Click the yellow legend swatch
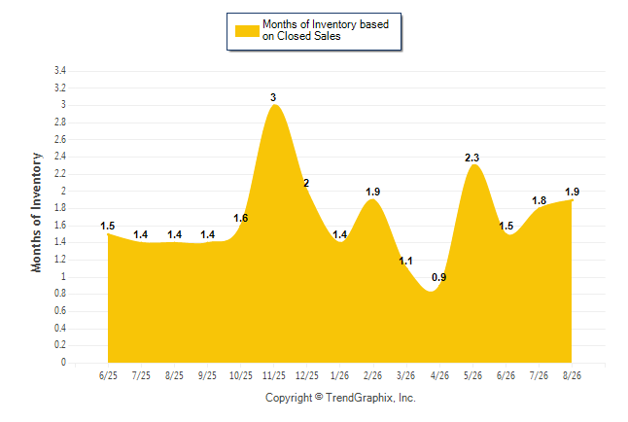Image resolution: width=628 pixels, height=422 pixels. (x=247, y=31)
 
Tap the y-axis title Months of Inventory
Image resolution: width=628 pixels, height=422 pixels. (x=36, y=212)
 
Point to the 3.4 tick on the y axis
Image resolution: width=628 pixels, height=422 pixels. (x=60, y=71)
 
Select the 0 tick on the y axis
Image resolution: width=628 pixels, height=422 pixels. (x=63, y=363)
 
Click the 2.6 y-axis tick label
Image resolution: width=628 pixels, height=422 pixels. (x=60, y=139)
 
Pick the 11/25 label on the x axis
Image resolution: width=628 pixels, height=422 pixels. (x=274, y=375)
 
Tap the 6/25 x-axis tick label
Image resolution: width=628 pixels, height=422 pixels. (x=108, y=375)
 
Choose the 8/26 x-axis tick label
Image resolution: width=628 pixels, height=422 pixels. (x=572, y=375)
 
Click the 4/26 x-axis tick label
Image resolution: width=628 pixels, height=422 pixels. (x=439, y=375)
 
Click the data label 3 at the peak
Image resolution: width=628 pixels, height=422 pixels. (x=273, y=97)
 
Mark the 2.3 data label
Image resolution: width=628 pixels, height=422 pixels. (x=471, y=158)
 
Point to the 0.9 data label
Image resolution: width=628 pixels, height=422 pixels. (x=439, y=277)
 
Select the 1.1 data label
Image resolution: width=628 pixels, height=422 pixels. (x=405, y=261)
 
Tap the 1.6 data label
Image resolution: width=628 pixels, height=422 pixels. (x=241, y=218)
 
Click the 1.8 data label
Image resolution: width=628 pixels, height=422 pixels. (x=540, y=200)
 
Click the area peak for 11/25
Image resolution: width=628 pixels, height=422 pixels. (x=275, y=105)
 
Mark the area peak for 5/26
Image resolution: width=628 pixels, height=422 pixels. (x=474, y=164)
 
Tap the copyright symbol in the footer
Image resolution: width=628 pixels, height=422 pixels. (x=319, y=397)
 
